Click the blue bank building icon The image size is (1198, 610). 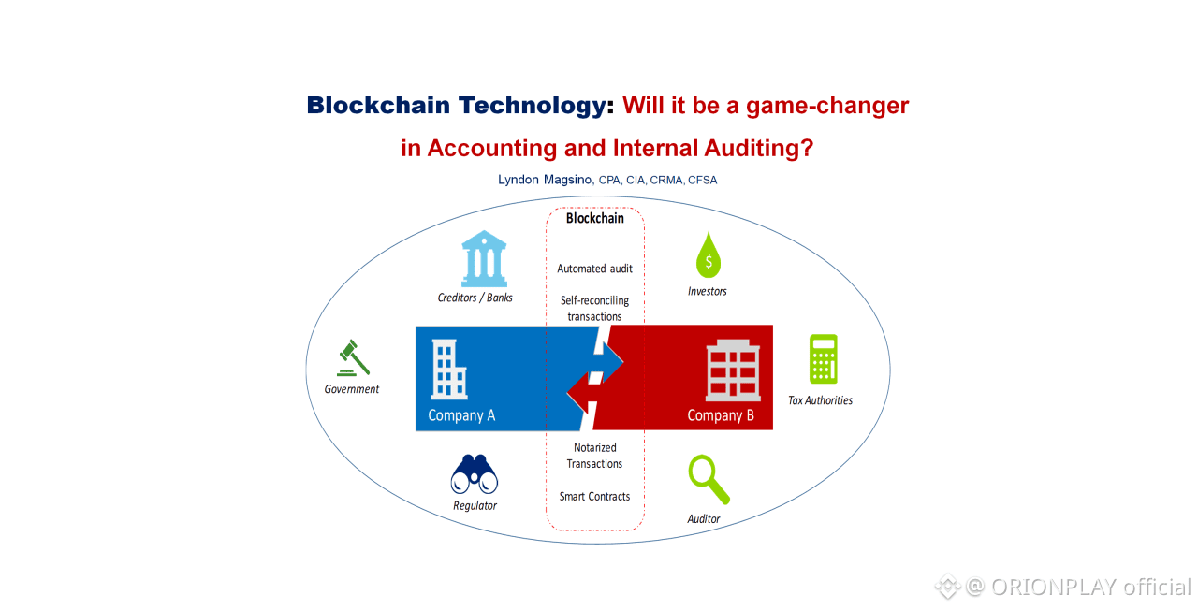tap(484, 259)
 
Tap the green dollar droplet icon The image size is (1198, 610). tap(709, 255)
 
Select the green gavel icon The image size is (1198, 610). tap(353, 358)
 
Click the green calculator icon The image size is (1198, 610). tap(823, 359)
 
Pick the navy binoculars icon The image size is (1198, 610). tap(475, 474)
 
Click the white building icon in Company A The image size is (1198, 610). tap(448, 370)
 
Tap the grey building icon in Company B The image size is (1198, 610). tap(733, 370)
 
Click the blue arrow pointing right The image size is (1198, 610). tap(608, 362)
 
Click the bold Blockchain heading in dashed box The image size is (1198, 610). tap(594, 218)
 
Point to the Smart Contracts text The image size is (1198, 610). tap(594, 497)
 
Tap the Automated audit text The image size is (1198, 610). tap(594, 269)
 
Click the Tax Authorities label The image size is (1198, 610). tap(821, 400)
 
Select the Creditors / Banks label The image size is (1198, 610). tap(475, 298)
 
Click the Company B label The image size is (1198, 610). tap(721, 415)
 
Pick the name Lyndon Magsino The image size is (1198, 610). tap(545, 180)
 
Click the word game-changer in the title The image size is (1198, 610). tap(827, 106)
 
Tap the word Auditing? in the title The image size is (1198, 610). tap(759, 148)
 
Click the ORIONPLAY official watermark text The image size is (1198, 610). tap(1091, 587)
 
